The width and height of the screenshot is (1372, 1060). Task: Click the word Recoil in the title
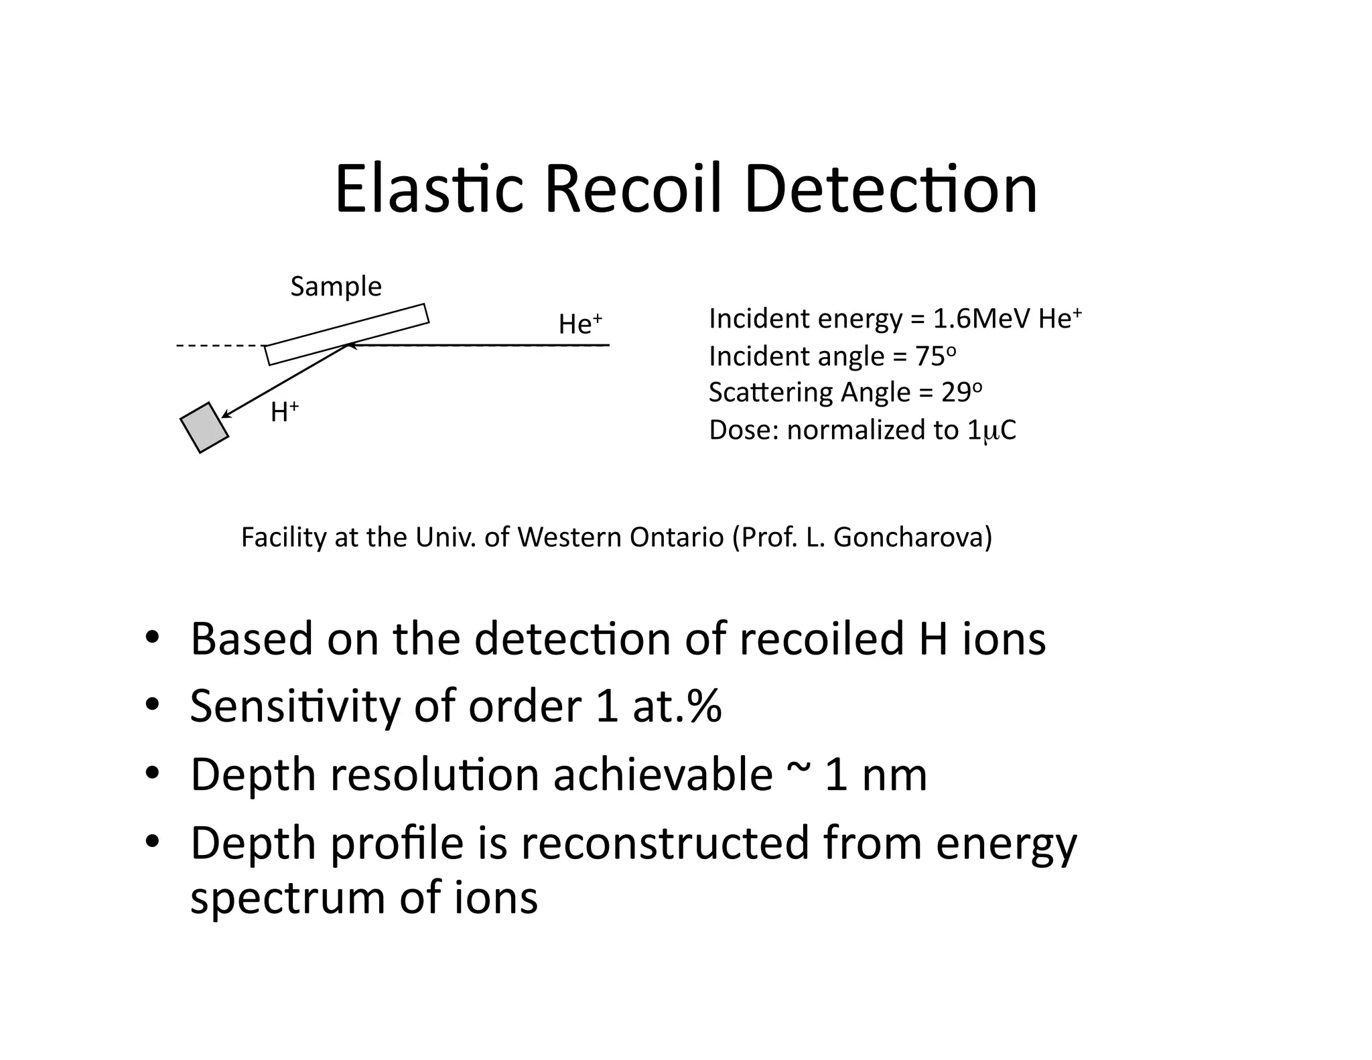(636, 190)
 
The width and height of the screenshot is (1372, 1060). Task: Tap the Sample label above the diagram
(336, 287)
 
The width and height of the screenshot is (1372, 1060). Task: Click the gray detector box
(204, 427)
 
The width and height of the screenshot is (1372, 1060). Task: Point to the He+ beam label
(580, 324)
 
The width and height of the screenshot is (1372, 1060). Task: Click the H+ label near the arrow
(284, 412)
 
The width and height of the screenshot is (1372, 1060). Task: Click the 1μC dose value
(991, 430)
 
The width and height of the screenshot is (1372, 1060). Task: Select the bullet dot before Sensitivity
(153, 705)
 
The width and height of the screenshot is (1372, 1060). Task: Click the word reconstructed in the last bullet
(665, 843)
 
